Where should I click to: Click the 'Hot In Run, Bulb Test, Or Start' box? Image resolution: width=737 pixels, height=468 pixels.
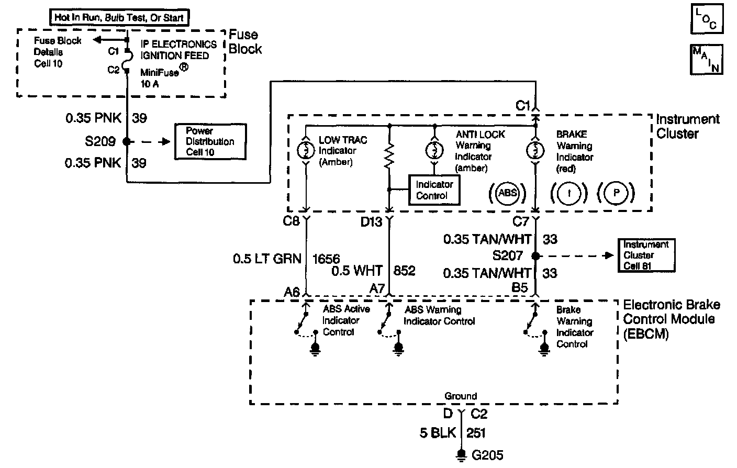[119, 17]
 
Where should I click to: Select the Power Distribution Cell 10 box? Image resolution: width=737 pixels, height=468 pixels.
[210, 141]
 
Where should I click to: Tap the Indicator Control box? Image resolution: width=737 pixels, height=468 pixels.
[434, 190]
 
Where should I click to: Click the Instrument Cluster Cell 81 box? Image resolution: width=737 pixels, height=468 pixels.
[646, 255]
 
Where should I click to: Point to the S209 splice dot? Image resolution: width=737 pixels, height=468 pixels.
[126, 141]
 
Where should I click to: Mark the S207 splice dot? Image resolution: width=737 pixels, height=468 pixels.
[535, 256]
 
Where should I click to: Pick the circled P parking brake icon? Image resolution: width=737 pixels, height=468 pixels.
[616, 193]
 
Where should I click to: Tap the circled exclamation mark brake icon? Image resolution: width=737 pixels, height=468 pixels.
[567, 193]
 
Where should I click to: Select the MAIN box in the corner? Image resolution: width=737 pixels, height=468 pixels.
[707, 59]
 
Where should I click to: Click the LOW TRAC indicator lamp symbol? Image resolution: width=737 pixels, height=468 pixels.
[306, 150]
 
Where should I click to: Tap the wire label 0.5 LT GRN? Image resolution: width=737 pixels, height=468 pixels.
[267, 258]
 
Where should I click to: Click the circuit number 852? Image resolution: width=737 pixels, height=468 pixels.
[404, 271]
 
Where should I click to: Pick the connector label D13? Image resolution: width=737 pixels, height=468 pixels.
[371, 222]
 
